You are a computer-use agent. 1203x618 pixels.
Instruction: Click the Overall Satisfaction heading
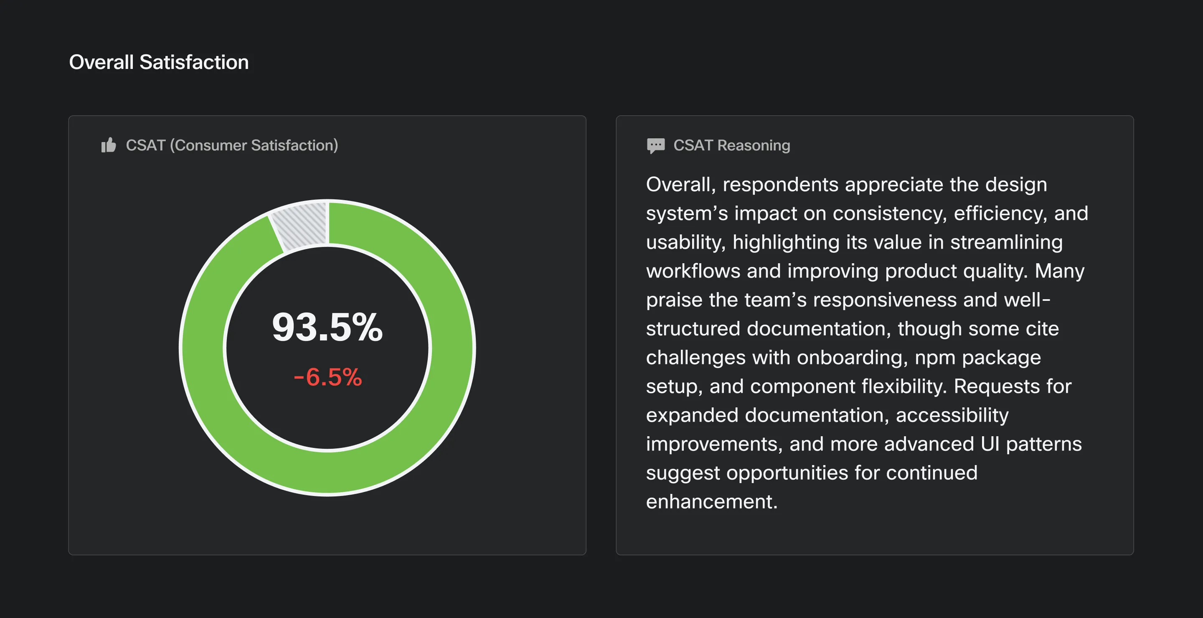point(159,62)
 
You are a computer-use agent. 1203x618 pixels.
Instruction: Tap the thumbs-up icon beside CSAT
point(108,145)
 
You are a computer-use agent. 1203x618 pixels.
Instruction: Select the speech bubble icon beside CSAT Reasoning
point(656,145)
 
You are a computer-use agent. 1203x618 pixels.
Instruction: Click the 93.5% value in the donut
point(327,327)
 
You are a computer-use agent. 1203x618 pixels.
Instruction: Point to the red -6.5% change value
point(327,377)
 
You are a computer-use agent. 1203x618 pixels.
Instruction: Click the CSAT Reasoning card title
point(731,145)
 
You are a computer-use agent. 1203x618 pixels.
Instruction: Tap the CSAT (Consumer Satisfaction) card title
point(232,145)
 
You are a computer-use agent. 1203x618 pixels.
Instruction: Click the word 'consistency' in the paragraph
point(890,214)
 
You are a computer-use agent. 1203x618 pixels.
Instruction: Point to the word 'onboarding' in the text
point(852,358)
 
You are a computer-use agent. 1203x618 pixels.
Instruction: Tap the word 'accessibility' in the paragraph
point(952,415)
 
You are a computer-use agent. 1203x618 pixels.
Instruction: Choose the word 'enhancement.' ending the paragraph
point(712,502)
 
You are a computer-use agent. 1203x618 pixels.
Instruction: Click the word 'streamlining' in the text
point(1006,242)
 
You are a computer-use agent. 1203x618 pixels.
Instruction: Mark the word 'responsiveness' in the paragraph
point(885,300)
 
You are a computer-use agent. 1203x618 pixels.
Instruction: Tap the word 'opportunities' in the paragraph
point(787,473)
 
